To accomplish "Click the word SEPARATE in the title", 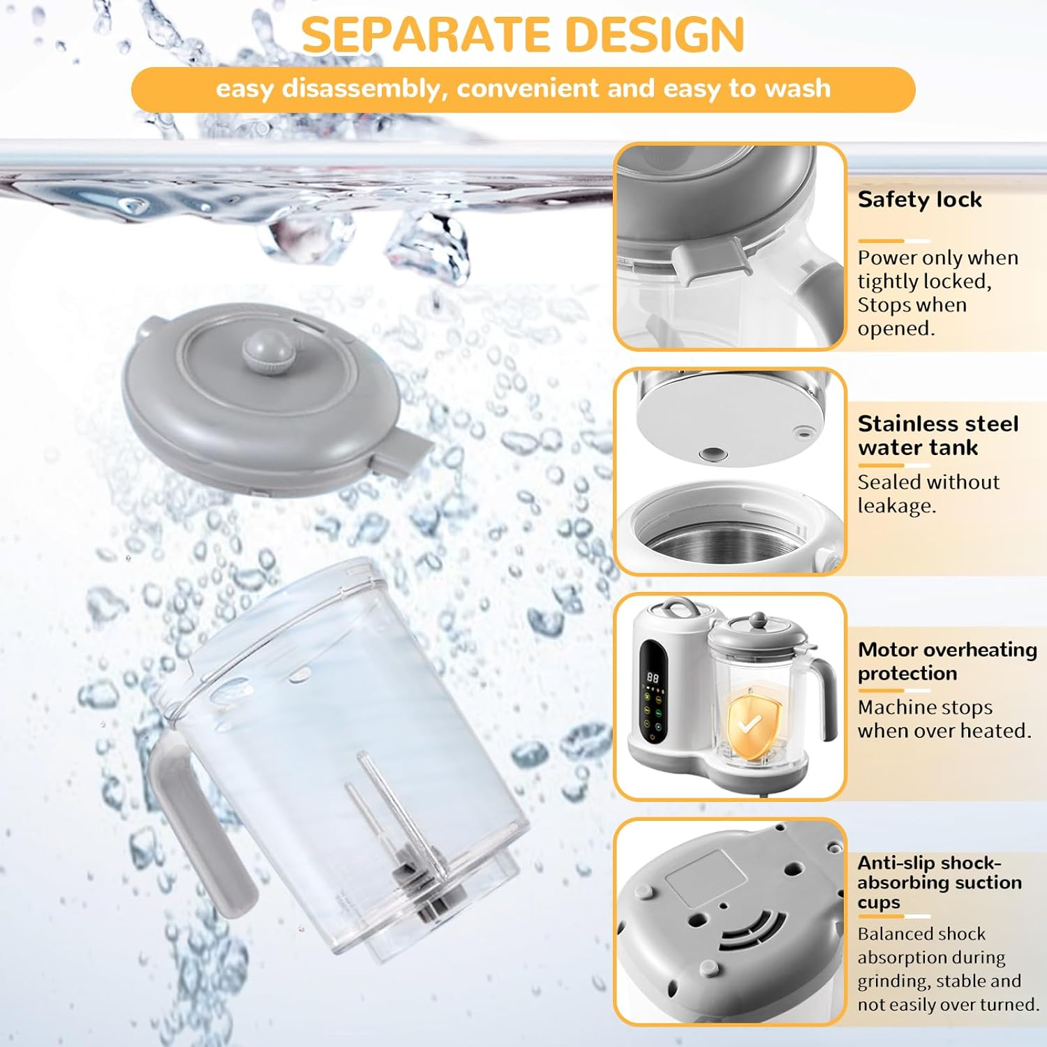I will [x=426, y=34].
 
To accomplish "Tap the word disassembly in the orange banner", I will [x=361, y=89].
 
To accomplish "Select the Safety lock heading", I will [x=919, y=200].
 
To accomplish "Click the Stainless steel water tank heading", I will [x=937, y=436].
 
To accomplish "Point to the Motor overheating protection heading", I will [x=946, y=661].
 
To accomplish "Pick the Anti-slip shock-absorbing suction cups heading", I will [x=939, y=882].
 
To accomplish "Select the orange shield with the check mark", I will [x=750, y=726].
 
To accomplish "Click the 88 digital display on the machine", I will [x=653, y=677].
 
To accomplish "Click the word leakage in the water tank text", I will [x=896, y=506].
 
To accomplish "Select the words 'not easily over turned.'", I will [x=948, y=1004].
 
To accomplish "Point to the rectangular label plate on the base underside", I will [x=705, y=877].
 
